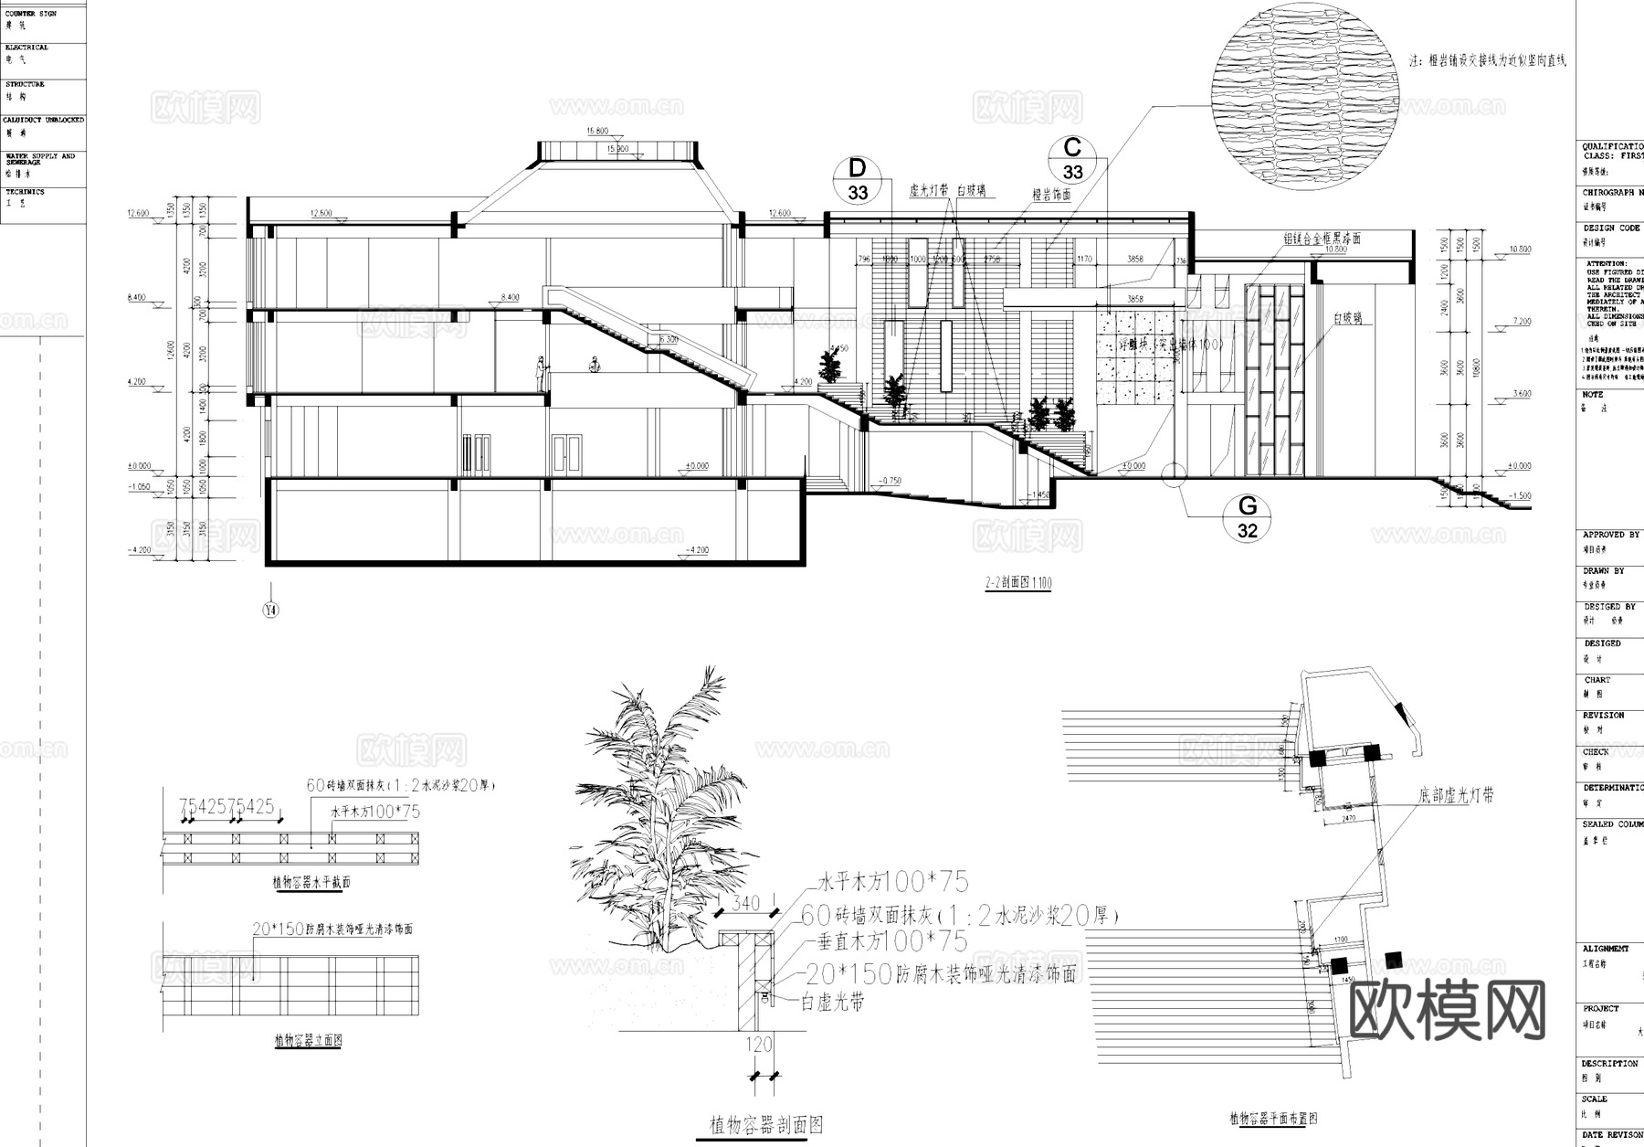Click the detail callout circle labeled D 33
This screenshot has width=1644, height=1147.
pos(857,180)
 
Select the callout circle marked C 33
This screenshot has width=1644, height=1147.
pos(1072,159)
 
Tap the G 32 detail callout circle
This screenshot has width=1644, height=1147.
pos(1247,517)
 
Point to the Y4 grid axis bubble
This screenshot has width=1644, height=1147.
pos(270,610)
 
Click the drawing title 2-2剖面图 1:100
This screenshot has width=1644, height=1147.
pos(1017,582)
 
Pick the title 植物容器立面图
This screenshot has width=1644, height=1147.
pos(308,1040)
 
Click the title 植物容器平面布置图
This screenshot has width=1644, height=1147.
pos(1273,1118)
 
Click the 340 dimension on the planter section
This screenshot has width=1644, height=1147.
pos(746,904)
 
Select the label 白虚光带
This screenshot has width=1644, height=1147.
pos(832,1002)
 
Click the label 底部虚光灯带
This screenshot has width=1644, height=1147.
pos(1456,795)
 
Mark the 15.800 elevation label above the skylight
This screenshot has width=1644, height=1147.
pos(597,132)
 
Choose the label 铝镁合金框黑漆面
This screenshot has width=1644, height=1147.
pos(1323,238)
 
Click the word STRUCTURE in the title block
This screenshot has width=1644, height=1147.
pos(25,84)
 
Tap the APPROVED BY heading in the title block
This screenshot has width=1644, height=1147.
pos(1610,535)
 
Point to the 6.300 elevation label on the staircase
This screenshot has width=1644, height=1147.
pos(668,339)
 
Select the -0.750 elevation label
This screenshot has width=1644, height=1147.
pos(889,481)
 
